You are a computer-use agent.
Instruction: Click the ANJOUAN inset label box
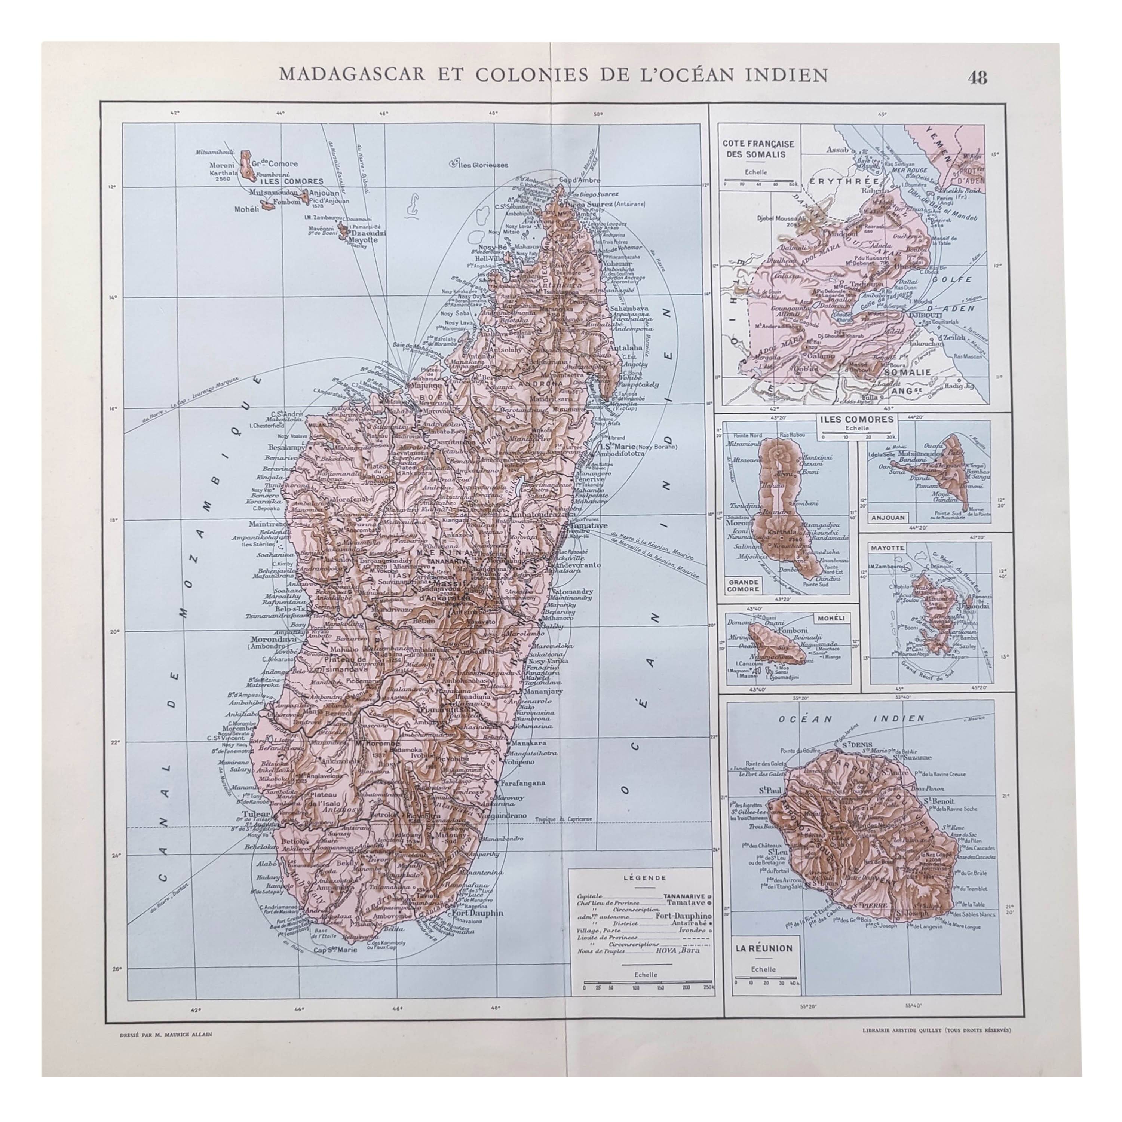point(888,518)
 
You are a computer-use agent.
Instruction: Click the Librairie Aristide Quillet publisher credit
point(929,1030)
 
